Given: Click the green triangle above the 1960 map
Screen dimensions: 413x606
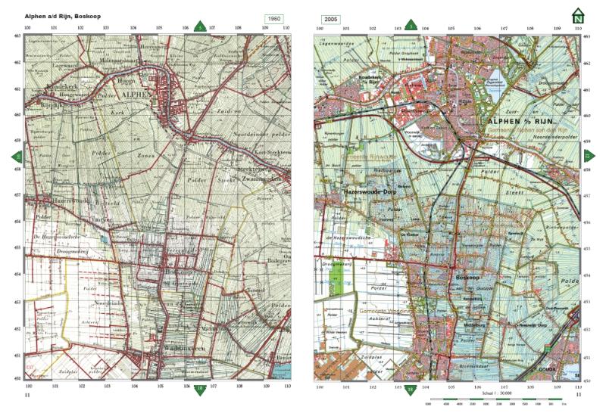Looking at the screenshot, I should click(x=200, y=26).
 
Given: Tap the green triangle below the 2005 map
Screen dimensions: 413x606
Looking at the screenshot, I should click(x=410, y=390).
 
